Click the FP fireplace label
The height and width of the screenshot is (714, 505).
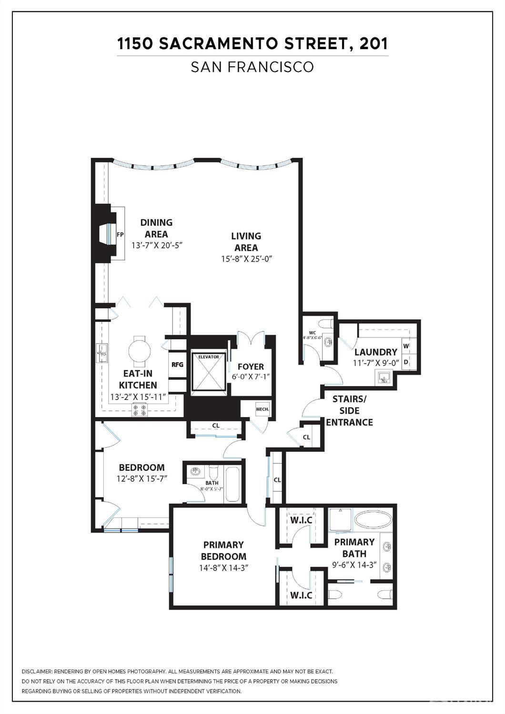tap(120, 235)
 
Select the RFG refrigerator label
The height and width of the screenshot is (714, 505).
tap(177, 365)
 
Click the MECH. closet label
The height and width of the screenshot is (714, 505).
tap(263, 409)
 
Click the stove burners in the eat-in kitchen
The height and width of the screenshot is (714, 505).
tap(140, 410)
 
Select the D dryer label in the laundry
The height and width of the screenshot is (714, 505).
tap(406, 362)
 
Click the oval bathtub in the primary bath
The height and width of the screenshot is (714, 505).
tap(374, 522)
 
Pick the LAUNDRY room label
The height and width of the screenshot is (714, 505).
tap(375, 352)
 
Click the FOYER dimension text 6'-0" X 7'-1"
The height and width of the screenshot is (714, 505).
tap(251, 376)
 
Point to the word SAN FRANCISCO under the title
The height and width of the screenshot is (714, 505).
tap(252, 67)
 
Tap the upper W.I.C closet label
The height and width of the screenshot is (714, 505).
tap(301, 520)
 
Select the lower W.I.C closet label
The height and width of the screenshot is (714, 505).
tap(301, 595)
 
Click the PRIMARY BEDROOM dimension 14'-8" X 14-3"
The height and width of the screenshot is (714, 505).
tap(223, 568)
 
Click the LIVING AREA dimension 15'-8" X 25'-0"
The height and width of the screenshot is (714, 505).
tap(246, 259)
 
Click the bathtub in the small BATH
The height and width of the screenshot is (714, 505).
tap(232, 484)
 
